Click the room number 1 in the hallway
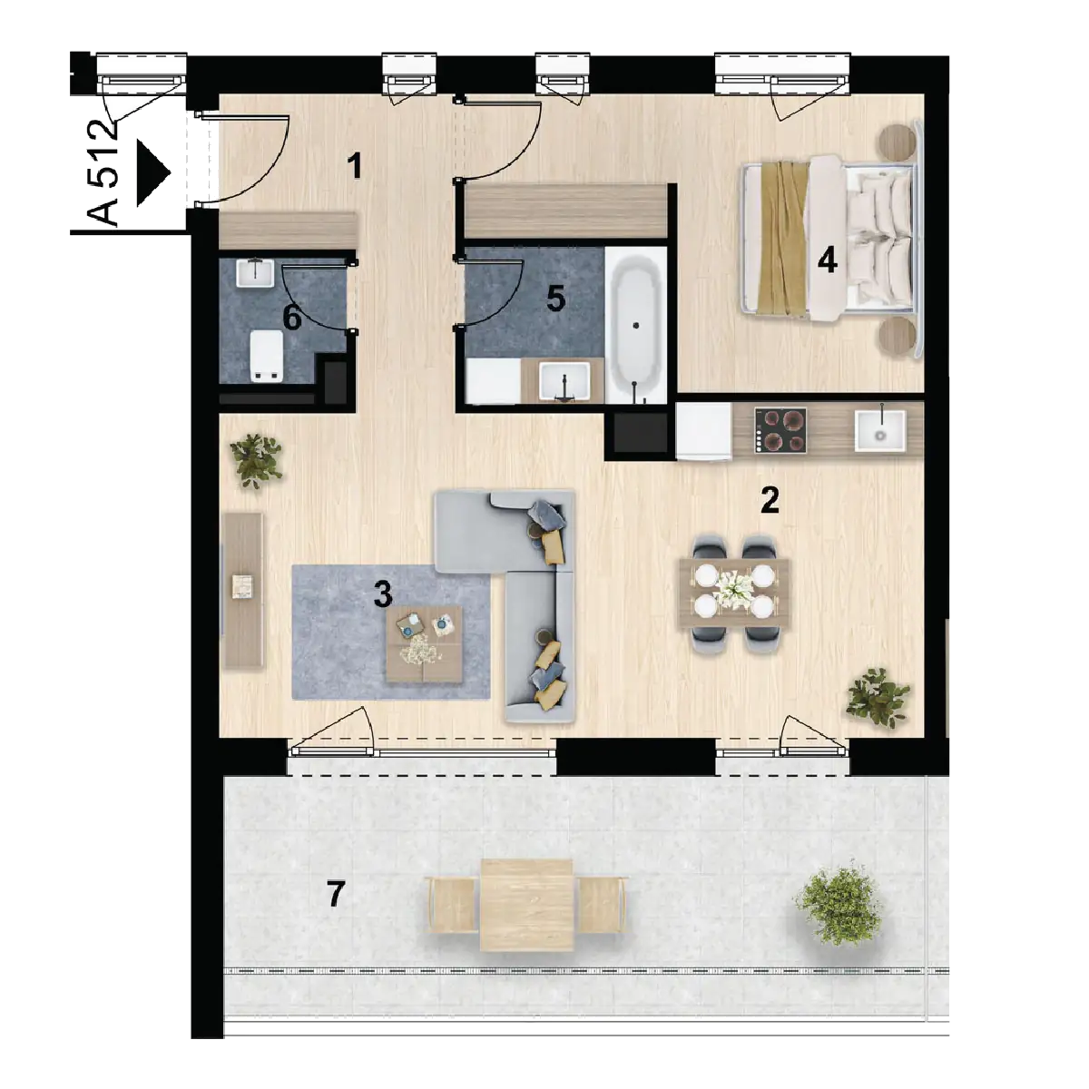pyautogui.click(x=354, y=167)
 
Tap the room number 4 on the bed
pyautogui.click(x=827, y=261)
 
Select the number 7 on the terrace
pyautogui.click(x=336, y=894)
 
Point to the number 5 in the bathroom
pyautogui.click(x=555, y=298)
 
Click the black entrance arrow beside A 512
pyautogui.click(x=153, y=173)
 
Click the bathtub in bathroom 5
pyautogui.click(x=636, y=326)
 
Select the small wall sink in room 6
pyautogui.click(x=255, y=272)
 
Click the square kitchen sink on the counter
pyautogui.click(x=880, y=431)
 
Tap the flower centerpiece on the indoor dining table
pyautogui.click(x=733, y=591)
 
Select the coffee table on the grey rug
pyautogui.click(x=425, y=643)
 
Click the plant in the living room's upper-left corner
pyautogui.click(x=256, y=460)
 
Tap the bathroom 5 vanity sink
pyautogui.click(x=564, y=381)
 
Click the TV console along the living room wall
pyautogui.click(x=243, y=590)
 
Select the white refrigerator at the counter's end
pyautogui.click(x=703, y=431)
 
